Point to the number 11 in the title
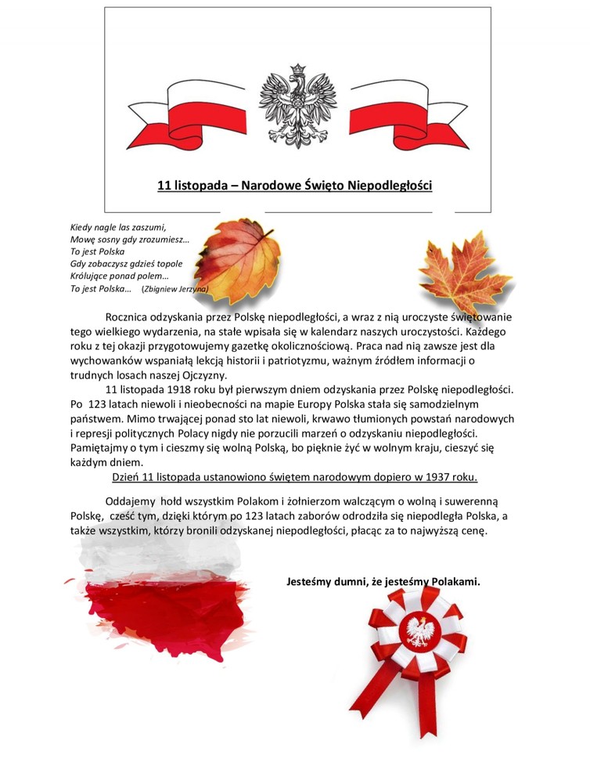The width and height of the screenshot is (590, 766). tap(164, 186)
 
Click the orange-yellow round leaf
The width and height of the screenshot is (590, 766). tap(237, 258)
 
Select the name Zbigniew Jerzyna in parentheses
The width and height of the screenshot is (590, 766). tap(174, 289)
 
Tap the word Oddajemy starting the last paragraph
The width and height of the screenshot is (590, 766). tap(130, 501)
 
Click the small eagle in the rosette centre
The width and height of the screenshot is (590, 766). tap(423, 631)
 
